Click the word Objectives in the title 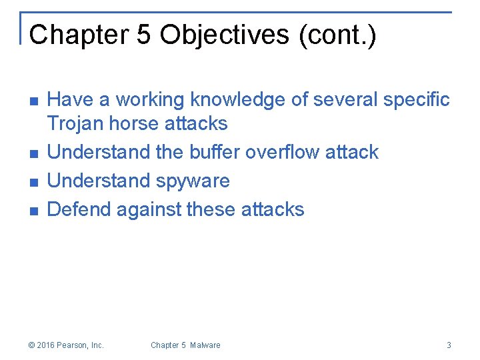214,35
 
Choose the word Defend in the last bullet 79,209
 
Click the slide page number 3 449,345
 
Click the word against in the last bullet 150,209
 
